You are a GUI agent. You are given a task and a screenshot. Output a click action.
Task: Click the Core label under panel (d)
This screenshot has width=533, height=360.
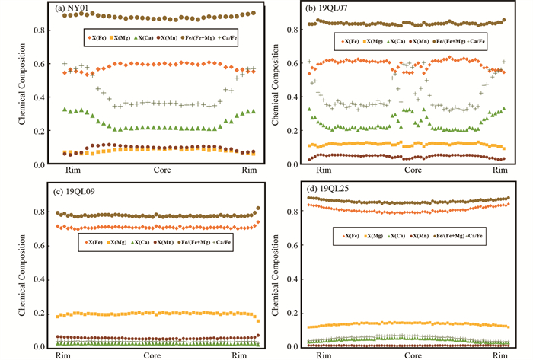click(412, 355)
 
